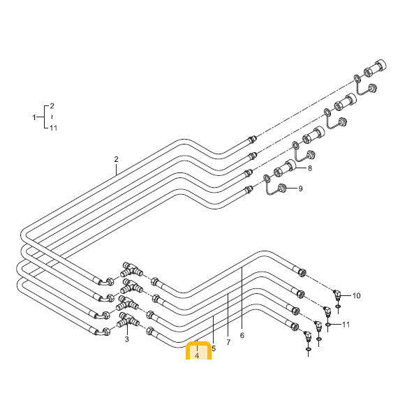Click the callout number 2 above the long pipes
[x=116, y=159]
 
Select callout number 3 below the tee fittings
[x=127, y=339]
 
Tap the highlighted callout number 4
[x=197, y=355]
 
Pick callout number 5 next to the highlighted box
[x=214, y=348]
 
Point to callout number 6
[x=242, y=335]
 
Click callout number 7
[x=228, y=342]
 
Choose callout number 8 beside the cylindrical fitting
[x=310, y=168]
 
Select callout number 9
[x=300, y=188]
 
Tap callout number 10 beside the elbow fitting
[x=357, y=296]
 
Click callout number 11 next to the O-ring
[x=346, y=325]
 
